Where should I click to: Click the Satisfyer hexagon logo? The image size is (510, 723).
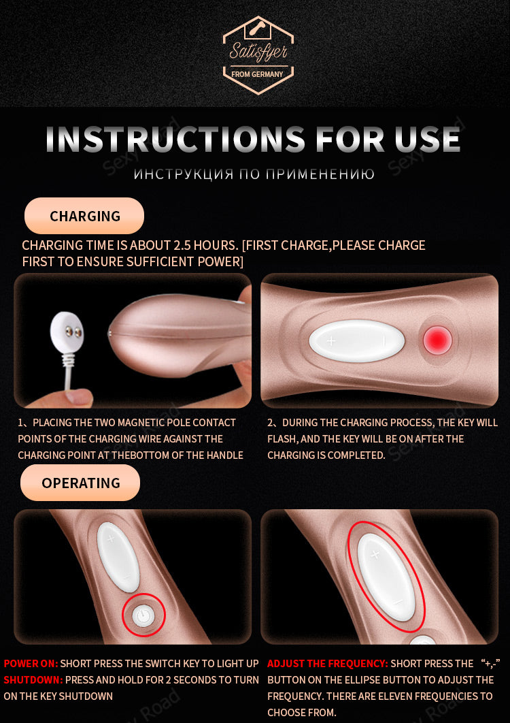[258, 55]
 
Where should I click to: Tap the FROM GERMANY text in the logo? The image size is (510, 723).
[257, 74]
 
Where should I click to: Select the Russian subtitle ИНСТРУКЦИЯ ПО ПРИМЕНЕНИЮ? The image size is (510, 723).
[254, 174]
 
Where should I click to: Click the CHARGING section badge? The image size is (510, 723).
[84, 216]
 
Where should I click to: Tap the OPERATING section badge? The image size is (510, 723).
[80, 483]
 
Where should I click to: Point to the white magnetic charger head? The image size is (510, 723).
[69, 331]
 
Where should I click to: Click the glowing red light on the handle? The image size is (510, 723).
[437, 340]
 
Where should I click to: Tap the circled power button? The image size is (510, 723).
[143, 615]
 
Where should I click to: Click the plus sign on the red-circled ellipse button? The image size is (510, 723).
[375, 554]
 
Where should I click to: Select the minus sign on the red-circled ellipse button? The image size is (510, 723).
[398, 601]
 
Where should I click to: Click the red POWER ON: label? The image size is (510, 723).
[31, 664]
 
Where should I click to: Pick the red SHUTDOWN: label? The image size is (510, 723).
[33, 679]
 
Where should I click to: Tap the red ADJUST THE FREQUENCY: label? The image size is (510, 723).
[328, 664]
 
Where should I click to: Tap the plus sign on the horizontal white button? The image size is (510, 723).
[331, 341]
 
